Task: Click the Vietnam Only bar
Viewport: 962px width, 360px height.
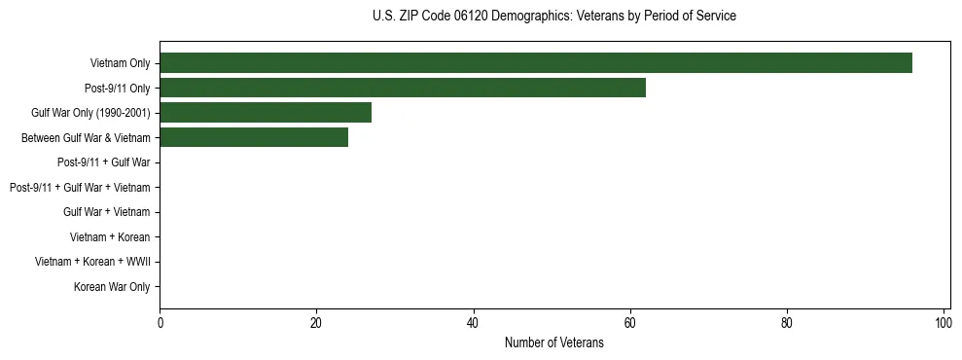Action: point(535,63)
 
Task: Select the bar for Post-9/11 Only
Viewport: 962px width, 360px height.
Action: point(402,88)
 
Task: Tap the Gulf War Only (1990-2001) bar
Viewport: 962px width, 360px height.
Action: point(265,113)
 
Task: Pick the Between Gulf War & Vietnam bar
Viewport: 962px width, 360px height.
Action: point(253,138)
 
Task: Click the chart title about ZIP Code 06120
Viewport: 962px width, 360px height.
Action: point(554,17)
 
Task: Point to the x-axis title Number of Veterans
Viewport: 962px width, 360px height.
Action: point(554,342)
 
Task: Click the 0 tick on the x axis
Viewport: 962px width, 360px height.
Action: point(160,322)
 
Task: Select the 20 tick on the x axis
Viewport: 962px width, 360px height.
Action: point(316,322)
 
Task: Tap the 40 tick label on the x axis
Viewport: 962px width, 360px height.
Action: point(473,322)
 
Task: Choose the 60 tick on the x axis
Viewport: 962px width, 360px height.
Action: point(629,322)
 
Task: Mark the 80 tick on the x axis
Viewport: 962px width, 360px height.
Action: point(786,322)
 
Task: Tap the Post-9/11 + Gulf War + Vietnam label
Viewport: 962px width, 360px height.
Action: point(80,188)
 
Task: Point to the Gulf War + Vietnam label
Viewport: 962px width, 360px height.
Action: point(106,212)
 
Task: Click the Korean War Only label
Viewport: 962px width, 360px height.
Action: point(112,287)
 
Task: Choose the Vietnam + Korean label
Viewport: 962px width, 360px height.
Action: point(110,237)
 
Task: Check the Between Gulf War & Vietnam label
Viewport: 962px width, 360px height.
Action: point(86,138)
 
